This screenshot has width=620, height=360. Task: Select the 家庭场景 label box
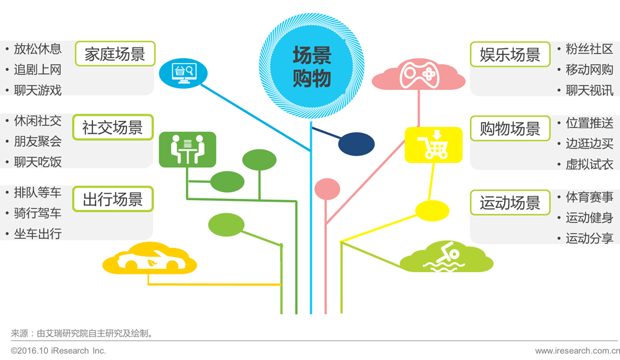tap(115, 54)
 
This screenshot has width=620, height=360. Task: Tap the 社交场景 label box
tap(112, 128)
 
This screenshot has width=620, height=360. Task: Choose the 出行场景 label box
tap(112, 200)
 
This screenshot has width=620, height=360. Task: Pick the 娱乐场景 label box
tap(510, 54)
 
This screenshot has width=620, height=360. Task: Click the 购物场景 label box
tap(510, 128)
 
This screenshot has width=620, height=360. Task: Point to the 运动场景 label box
tap(510, 203)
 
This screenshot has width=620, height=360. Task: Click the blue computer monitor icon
tap(183, 72)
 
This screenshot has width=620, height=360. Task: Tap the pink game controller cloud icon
tap(418, 74)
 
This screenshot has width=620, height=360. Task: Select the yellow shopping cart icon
tap(433, 145)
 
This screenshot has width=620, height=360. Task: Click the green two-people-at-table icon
tap(187, 149)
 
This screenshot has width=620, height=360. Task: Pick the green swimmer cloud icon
tap(446, 258)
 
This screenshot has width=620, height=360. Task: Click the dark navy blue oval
tap(356, 144)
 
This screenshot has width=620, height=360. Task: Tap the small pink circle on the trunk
tap(327, 190)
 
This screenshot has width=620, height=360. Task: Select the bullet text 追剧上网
tap(38, 70)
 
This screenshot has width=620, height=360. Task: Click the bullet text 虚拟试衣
tap(589, 164)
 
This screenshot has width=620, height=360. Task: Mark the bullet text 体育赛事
tap(589, 197)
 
